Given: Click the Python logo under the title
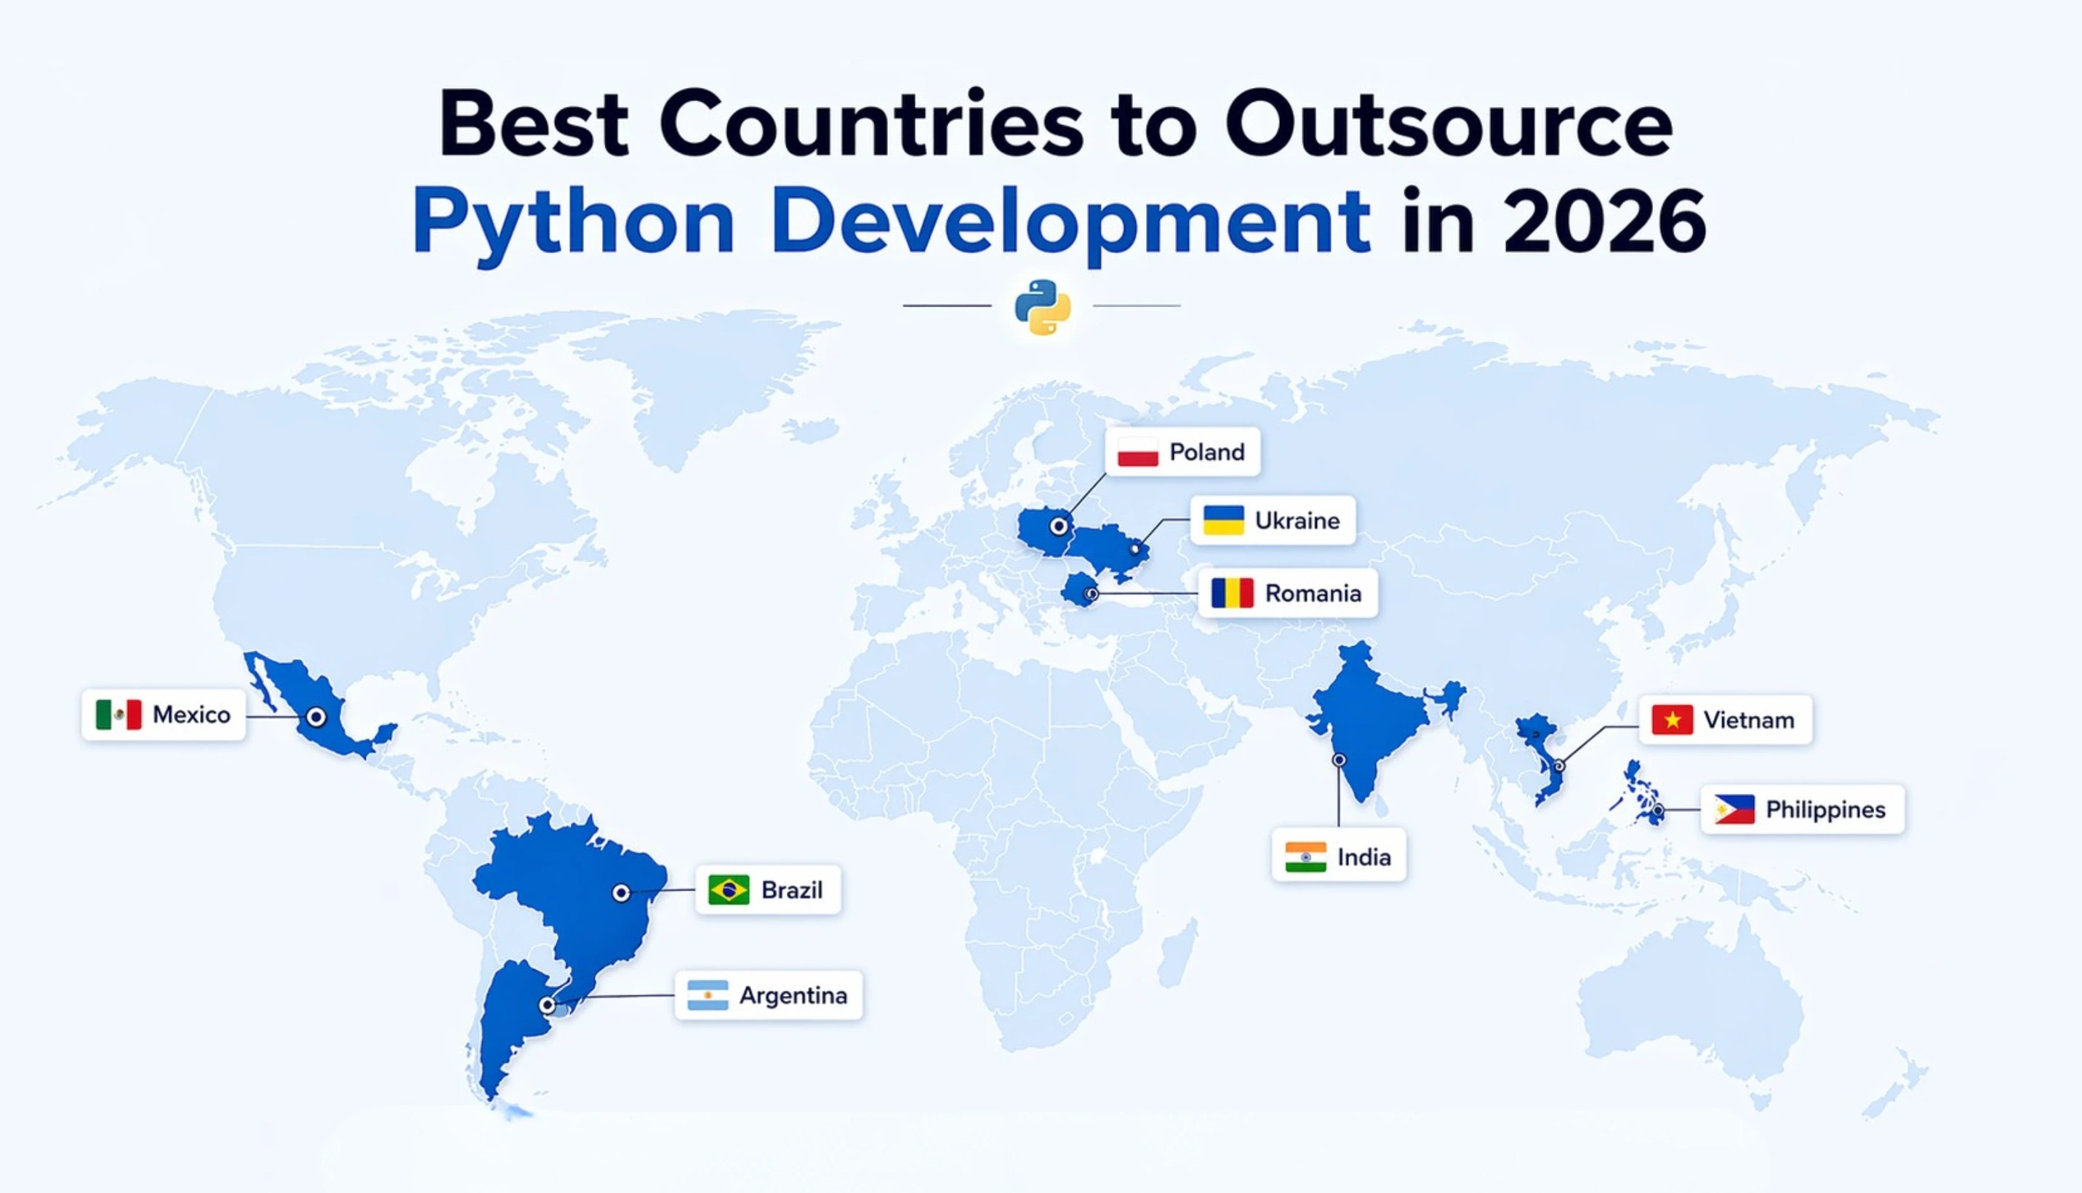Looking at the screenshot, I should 1042,308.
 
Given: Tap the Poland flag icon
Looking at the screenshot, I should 1137,452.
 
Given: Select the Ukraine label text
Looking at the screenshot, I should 1297,521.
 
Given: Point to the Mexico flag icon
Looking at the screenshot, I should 119,715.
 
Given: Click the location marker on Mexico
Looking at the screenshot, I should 316,718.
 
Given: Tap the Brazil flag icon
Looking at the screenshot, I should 729,890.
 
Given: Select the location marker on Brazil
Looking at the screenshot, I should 621,893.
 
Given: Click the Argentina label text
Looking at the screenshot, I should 793,995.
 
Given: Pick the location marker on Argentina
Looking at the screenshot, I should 548,1005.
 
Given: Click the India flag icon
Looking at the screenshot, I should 1305,857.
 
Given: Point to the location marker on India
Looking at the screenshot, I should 1339,760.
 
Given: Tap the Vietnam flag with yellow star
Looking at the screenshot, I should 1673,720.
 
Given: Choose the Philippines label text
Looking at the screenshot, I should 1825,810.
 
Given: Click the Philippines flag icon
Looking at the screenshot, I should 1734,810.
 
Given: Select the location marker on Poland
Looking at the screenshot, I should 1060,526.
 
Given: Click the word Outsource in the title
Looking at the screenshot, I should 1449,125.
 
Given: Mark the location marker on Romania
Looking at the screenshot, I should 1092,594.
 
